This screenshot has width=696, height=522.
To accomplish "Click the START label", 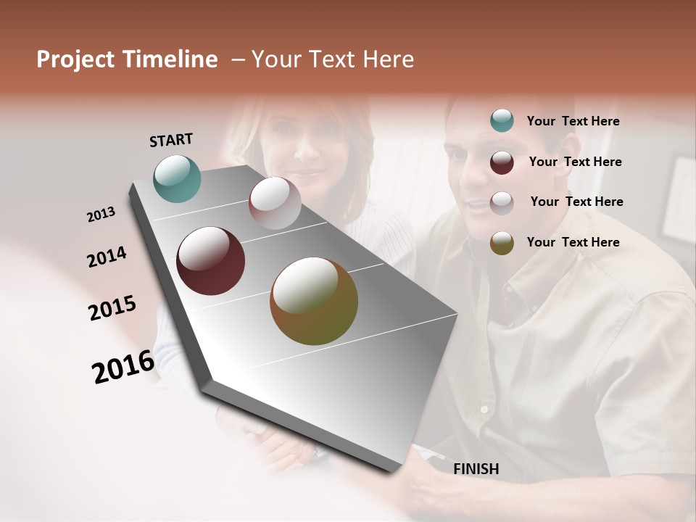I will [x=171, y=139].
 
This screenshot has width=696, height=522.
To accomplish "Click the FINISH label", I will [x=476, y=469].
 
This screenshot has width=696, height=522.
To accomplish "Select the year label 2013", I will [x=101, y=214].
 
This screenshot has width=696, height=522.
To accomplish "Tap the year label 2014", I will [x=107, y=257].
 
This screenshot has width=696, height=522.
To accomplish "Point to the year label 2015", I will [x=112, y=308].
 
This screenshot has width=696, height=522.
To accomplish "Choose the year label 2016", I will [x=123, y=366].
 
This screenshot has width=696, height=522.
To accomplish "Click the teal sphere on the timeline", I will [x=177, y=178].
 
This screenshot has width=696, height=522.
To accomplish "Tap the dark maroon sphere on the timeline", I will [x=210, y=261].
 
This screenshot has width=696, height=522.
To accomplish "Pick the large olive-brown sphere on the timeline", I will [x=313, y=301].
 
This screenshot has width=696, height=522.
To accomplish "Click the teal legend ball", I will [x=502, y=121].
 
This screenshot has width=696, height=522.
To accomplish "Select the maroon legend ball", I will [x=502, y=162].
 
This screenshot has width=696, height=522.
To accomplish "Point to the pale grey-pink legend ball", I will [x=502, y=202].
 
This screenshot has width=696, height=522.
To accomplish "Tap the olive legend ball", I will [x=502, y=243].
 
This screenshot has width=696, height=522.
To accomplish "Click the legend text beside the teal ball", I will [x=573, y=121].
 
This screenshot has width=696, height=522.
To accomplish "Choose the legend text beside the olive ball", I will [x=573, y=242].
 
